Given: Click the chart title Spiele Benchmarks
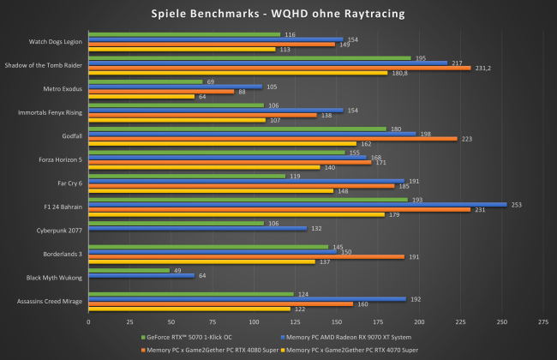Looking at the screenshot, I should (x=278, y=13).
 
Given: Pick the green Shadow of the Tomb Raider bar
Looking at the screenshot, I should (x=249, y=58).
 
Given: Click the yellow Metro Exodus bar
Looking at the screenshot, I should (x=141, y=97).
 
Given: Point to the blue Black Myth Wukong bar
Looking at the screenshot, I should (x=141, y=275).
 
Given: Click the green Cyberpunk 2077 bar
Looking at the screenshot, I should (x=176, y=223).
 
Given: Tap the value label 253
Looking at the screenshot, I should (x=516, y=204).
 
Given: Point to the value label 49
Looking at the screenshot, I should (x=177, y=270).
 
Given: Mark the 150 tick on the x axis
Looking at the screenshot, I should (x=336, y=322).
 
